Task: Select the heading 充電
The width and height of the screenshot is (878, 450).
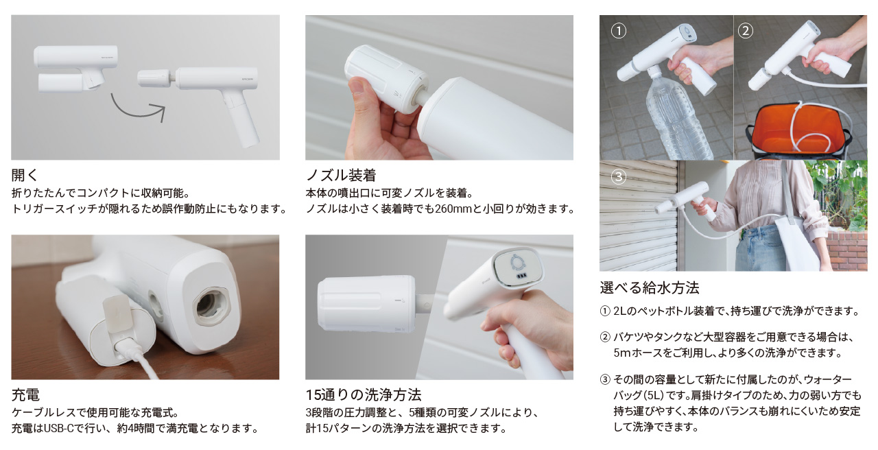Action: [26, 395]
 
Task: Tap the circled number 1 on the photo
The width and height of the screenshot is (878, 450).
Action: [619, 31]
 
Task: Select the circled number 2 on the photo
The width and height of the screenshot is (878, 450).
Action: [746, 31]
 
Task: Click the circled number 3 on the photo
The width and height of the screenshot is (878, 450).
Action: [619, 177]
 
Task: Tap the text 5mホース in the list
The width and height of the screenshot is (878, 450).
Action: [637, 353]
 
